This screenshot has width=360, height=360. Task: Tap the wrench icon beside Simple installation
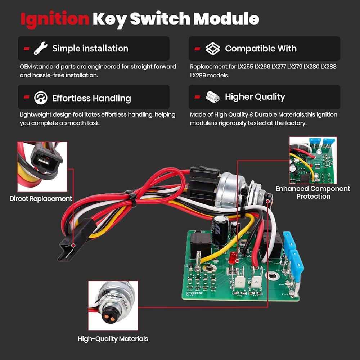point(40,48)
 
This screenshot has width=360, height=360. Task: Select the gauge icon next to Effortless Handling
point(41,98)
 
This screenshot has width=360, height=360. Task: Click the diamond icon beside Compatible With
point(212,49)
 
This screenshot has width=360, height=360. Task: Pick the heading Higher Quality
point(255,97)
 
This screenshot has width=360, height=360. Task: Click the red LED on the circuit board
point(233,257)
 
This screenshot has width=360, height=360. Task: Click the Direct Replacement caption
point(41,199)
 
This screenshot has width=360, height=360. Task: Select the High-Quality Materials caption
point(113,339)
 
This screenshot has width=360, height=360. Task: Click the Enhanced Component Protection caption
point(313,193)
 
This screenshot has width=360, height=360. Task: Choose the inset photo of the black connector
point(42,166)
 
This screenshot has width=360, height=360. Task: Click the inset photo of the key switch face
point(113,306)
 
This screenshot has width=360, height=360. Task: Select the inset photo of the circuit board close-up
point(313,160)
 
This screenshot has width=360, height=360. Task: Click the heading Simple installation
point(90,49)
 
